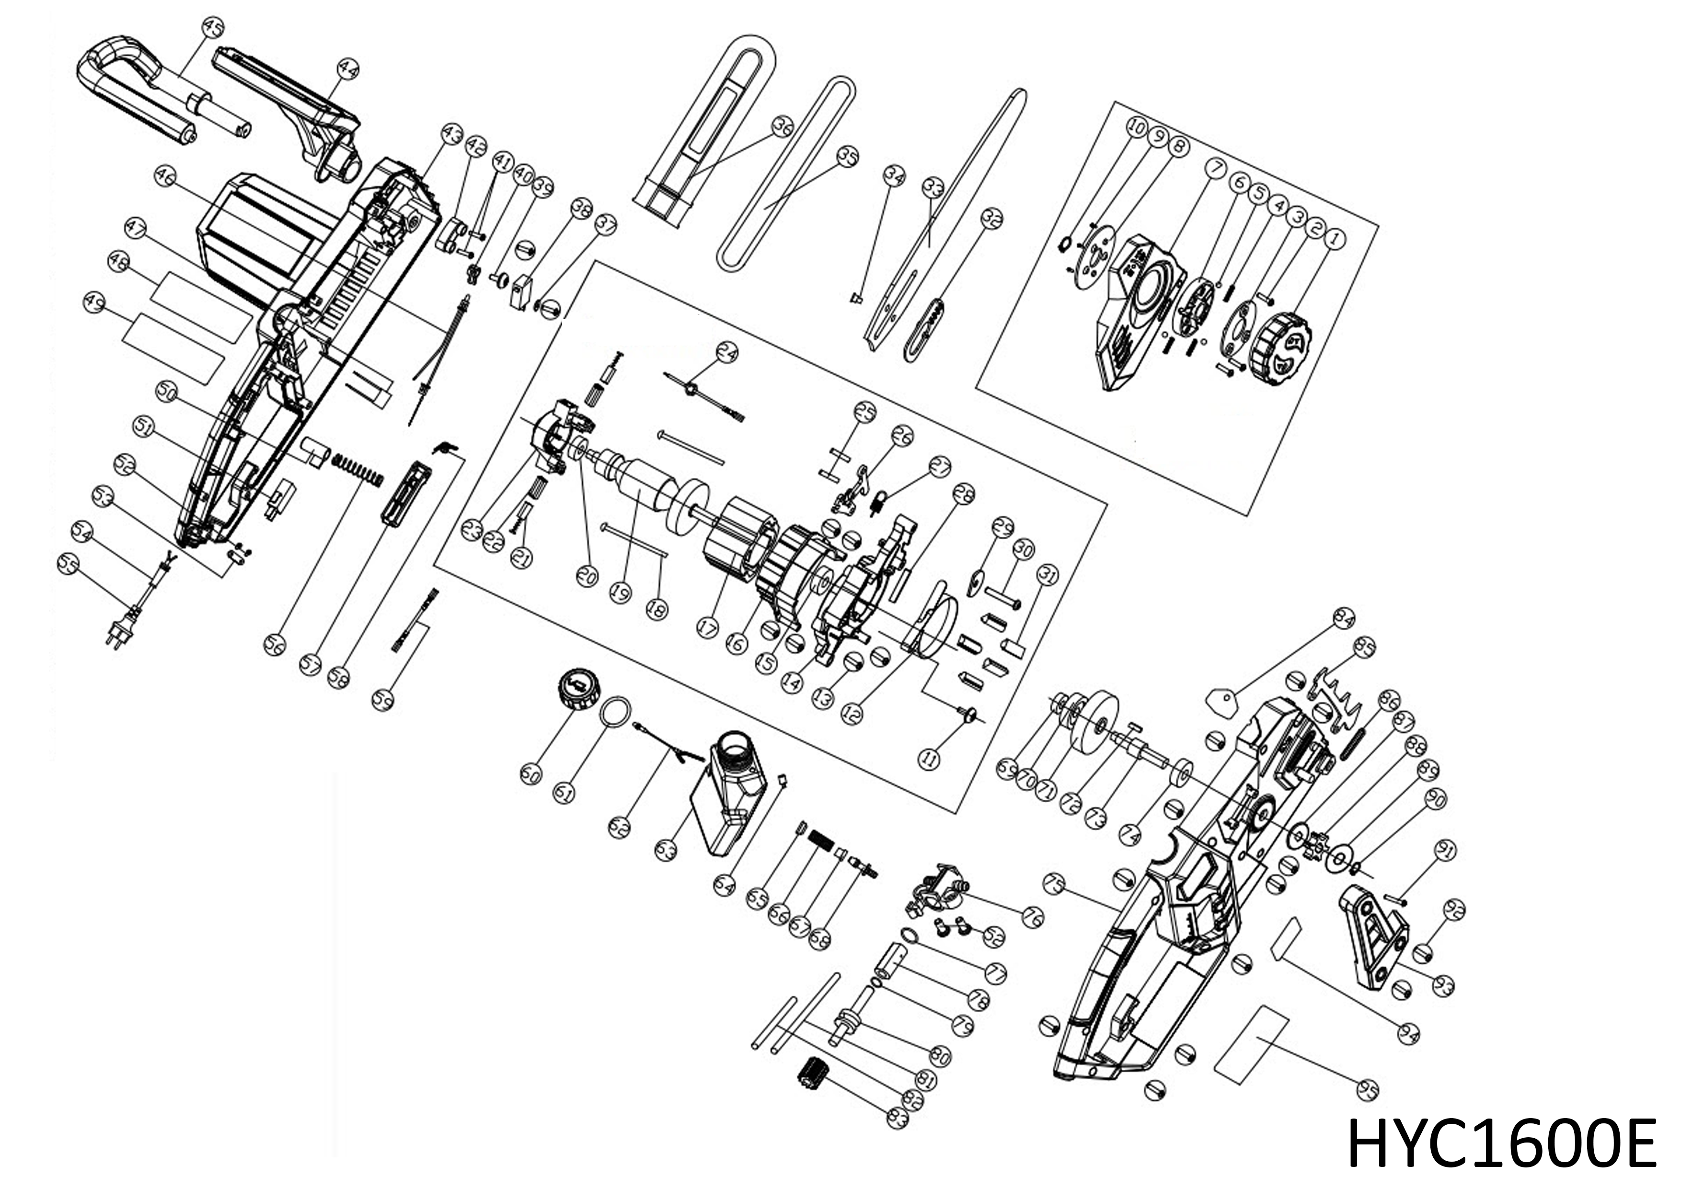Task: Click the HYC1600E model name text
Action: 1502,1143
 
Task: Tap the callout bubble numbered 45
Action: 212,29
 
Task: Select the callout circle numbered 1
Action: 1335,238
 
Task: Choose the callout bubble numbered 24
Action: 726,354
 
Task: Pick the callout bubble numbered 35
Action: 847,157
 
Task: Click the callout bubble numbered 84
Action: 1344,619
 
